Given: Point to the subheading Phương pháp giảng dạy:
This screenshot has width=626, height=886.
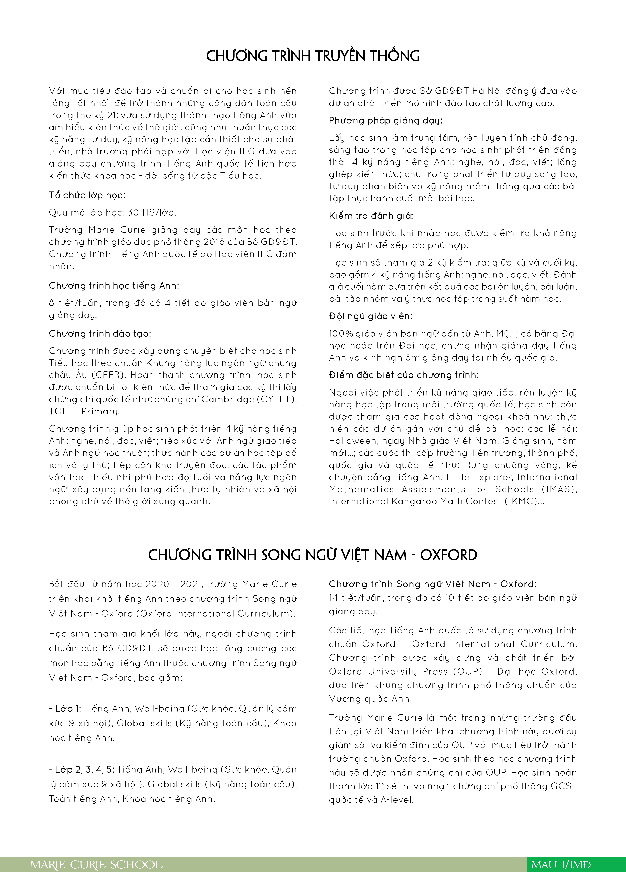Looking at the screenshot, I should point(385,121).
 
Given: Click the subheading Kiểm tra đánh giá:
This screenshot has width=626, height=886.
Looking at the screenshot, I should point(371,216).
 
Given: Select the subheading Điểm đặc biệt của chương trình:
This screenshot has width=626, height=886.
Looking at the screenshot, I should point(403,375).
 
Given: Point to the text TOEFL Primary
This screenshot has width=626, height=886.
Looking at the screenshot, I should point(84,411).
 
